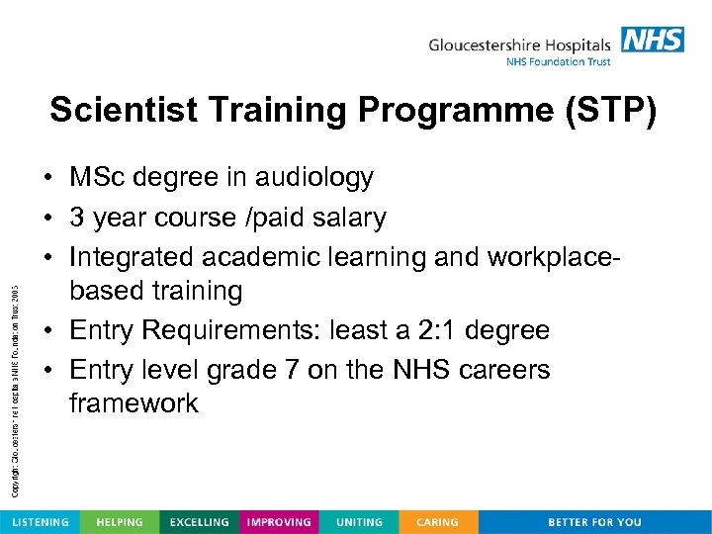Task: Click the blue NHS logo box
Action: [x=652, y=40]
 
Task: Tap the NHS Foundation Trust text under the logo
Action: [x=558, y=61]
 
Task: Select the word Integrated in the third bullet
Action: [x=132, y=255]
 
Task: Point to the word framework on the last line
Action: [x=133, y=403]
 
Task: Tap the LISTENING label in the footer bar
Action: [x=41, y=522]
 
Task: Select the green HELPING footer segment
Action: [x=119, y=522]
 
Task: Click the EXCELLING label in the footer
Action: [x=199, y=522]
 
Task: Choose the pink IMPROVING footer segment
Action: [x=279, y=522]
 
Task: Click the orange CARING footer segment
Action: [x=437, y=522]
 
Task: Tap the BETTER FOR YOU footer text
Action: [x=594, y=522]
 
